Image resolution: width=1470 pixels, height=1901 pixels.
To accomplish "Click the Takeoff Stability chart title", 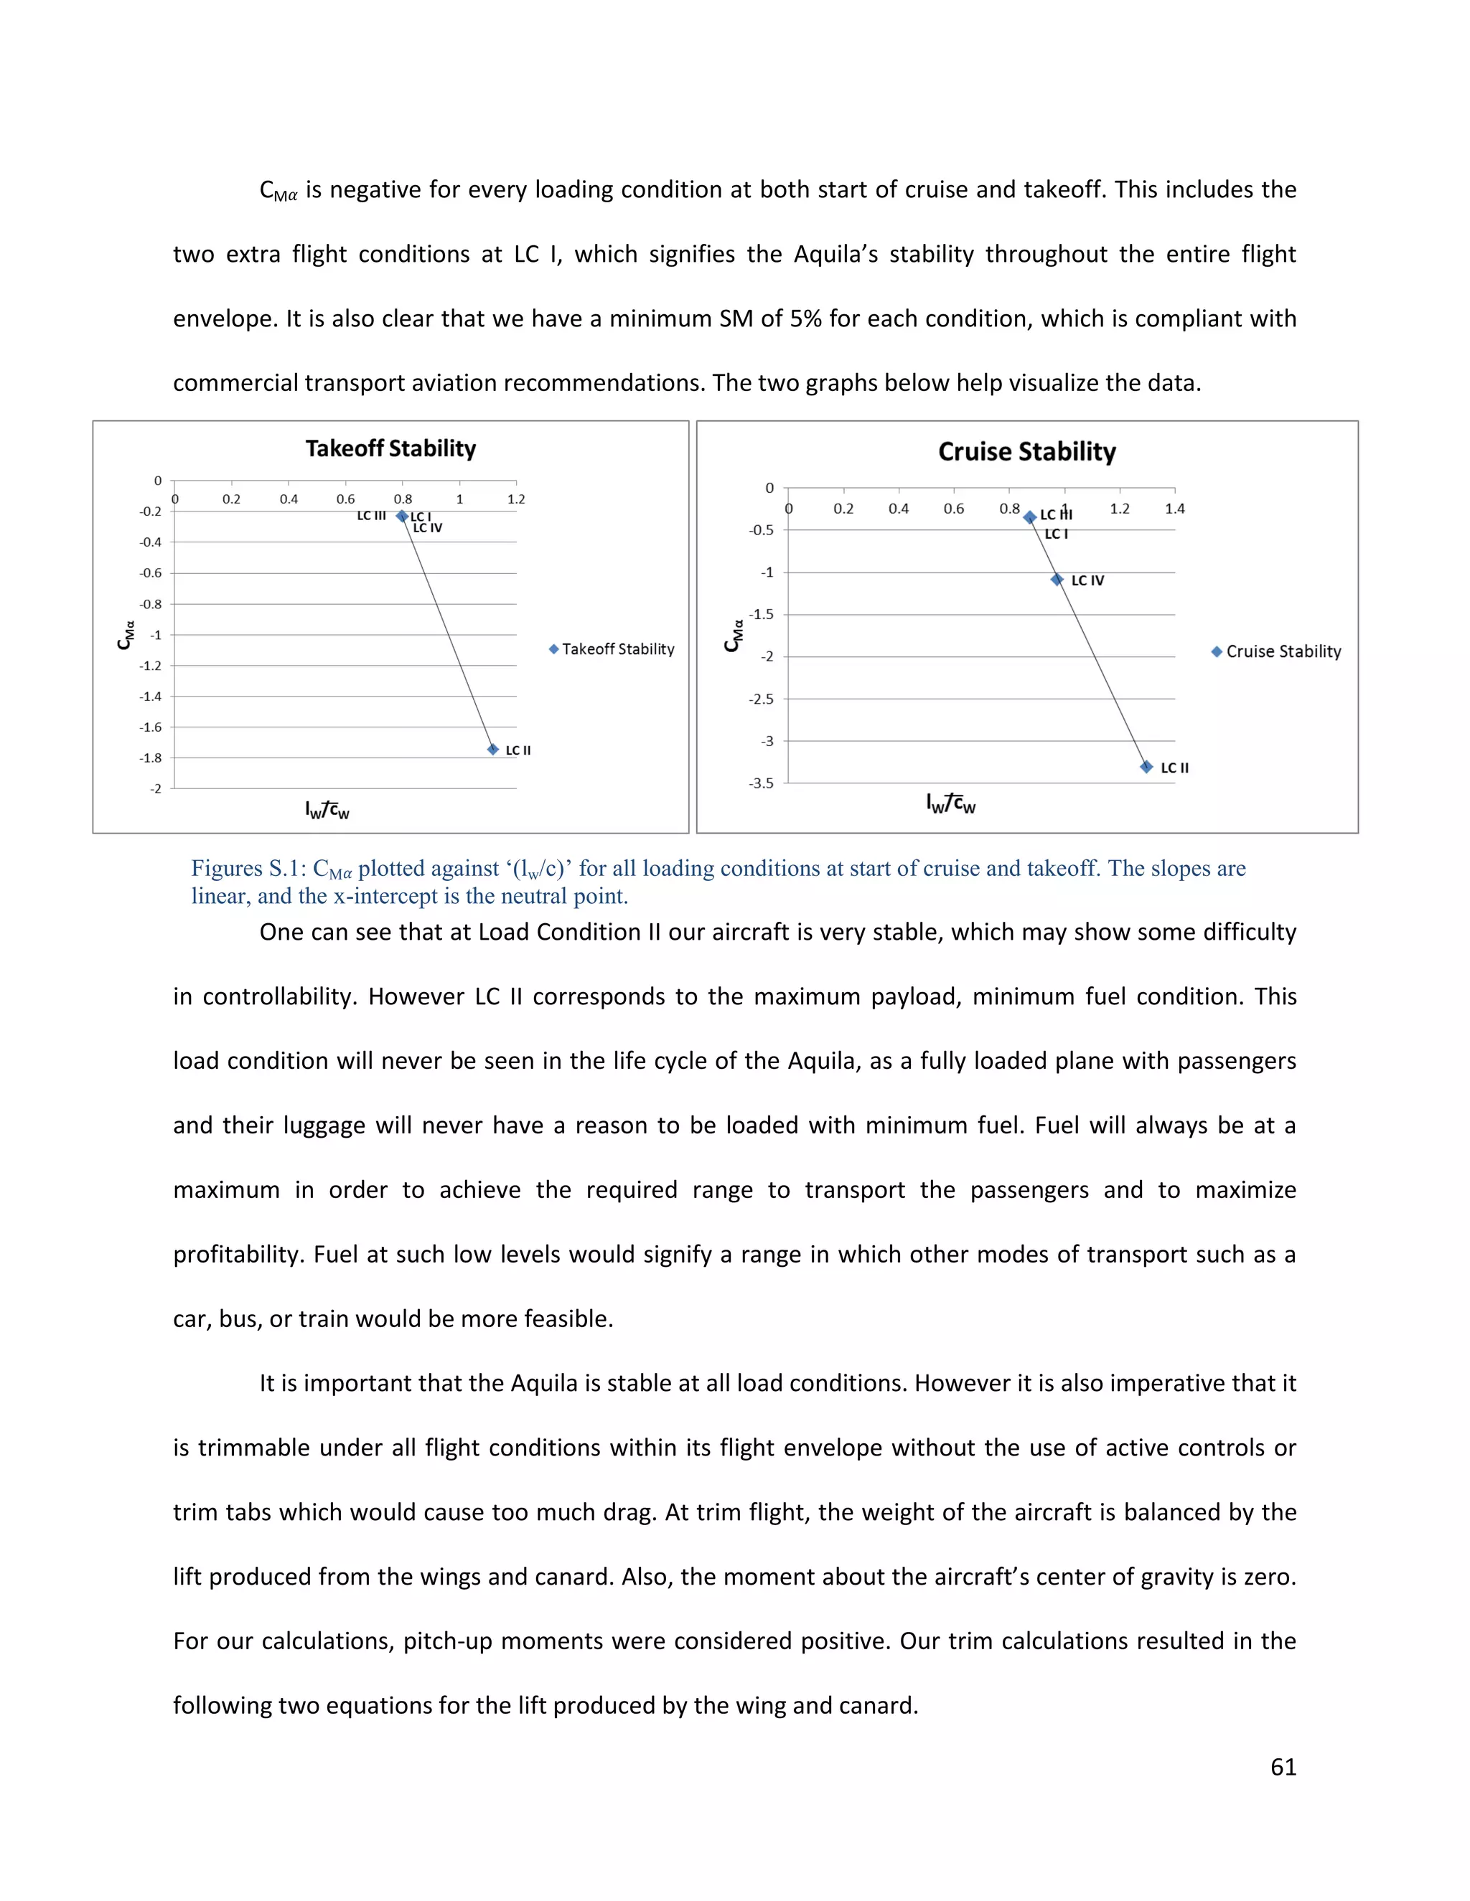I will (390, 449).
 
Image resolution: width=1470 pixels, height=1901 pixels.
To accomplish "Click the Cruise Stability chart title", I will (1026, 452).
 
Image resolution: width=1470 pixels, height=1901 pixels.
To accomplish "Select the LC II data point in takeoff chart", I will (493, 750).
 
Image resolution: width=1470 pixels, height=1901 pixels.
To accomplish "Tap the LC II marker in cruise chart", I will (1146, 767).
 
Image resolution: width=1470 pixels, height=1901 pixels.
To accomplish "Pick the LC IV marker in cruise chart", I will (1057, 580).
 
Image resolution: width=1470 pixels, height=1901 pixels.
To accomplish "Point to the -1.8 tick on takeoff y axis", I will (151, 758).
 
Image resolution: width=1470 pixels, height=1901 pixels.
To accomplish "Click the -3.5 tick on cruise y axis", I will (760, 783).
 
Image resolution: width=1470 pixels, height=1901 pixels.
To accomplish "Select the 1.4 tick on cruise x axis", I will (1175, 509).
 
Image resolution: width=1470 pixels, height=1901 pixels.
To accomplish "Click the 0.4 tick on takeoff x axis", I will (289, 499).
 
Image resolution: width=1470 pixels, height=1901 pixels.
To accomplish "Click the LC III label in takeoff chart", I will (371, 516).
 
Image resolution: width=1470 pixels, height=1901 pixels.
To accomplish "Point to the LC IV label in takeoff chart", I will (428, 529).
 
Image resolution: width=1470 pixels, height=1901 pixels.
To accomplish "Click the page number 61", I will (1283, 1766).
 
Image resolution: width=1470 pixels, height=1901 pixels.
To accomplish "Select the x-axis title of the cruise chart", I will (950, 804).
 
